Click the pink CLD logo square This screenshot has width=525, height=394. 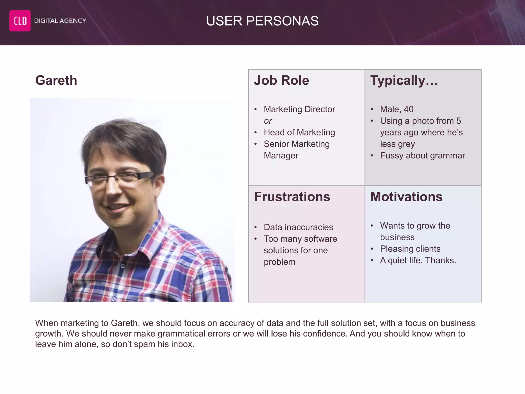(x=20, y=21)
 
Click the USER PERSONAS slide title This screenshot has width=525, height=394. (x=262, y=21)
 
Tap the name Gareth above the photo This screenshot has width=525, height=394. (x=56, y=80)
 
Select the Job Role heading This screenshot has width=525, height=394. (x=281, y=80)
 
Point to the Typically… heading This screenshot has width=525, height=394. (x=404, y=80)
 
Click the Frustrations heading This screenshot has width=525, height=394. (x=292, y=197)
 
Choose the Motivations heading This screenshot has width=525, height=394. (x=406, y=197)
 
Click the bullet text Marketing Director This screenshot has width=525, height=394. (x=299, y=109)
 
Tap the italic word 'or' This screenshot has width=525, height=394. (x=268, y=121)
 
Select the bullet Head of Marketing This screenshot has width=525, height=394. (x=299, y=132)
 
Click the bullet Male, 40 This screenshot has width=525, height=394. (x=397, y=109)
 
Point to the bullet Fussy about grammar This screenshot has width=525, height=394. (x=422, y=155)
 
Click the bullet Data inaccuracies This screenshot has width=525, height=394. (x=298, y=227)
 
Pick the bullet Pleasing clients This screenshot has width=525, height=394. (x=410, y=249)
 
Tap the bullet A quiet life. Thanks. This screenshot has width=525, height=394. (x=418, y=260)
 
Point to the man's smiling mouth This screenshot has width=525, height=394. (x=117, y=207)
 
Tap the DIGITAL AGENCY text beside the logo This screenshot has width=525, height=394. (x=60, y=21)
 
